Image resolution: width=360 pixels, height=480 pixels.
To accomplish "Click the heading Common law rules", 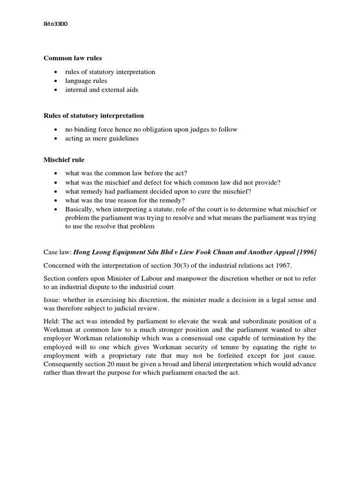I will (x=73, y=58).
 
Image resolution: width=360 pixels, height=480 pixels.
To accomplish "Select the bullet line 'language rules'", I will (x=86, y=81).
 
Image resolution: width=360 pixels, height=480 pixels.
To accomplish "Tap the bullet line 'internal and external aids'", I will (x=102, y=90).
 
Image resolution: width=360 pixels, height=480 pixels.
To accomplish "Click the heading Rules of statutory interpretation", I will (x=94, y=115).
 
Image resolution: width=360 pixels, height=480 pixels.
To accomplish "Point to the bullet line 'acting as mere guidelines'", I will (x=102, y=138).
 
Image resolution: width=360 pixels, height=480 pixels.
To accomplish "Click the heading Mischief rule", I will (x=64, y=160).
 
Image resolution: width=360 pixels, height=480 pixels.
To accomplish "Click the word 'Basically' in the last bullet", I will (x=78, y=209).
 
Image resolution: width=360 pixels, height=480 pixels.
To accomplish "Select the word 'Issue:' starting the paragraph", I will (x=53, y=300).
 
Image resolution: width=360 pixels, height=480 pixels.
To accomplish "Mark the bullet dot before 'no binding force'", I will (x=56, y=130).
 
